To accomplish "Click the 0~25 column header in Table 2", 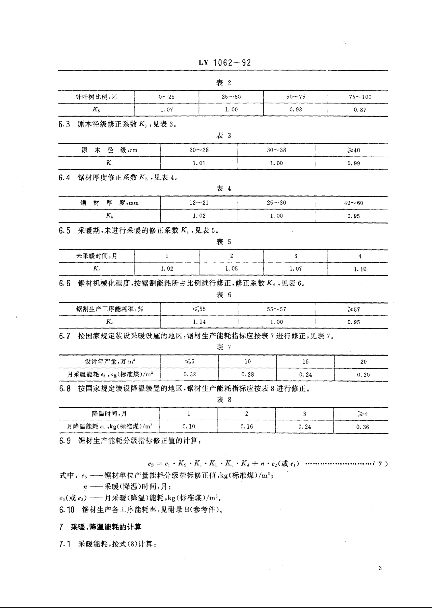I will pyautogui.click(x=167, y=97).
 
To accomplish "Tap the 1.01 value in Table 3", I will pyautogui.click(x=199, y=163).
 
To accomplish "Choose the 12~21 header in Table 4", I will pyautogui.click(x=199, y=203).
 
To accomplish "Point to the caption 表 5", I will pyautogui.click(x=223, y=242).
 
